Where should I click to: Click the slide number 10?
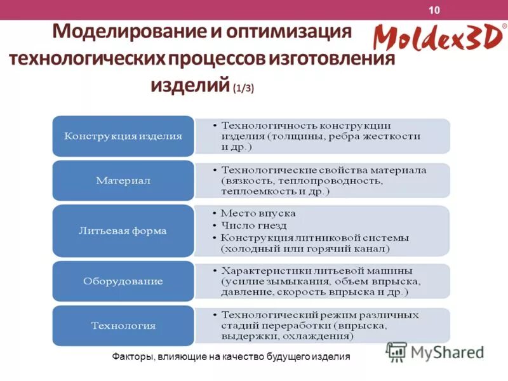(x=434, y=10)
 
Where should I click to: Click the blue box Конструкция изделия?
(x=123, y=136)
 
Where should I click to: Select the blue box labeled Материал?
(x=123, y=180)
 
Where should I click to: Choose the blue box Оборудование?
(x=123, y=281)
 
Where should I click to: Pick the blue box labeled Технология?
(x=123, y=326)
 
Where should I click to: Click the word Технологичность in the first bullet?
(x=261, y=125)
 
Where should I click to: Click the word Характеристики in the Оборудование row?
(x=262, y=270)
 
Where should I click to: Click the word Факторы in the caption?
(x=131, y=357)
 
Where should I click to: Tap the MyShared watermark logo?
(x=434, y=351)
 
